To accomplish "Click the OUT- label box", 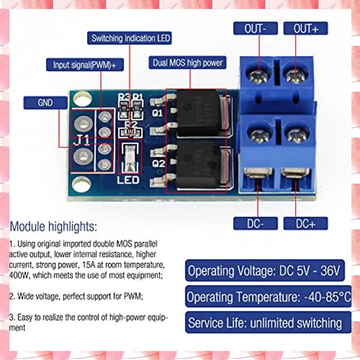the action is (255, 28).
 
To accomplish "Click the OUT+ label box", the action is (306, 28).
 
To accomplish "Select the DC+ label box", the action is (306, 223).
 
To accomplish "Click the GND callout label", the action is (45, 103).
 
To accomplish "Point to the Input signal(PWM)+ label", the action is (84, 64).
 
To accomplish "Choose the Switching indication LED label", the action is (130, 38).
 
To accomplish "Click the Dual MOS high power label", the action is (188, 63).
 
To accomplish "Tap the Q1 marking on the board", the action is (157, 113).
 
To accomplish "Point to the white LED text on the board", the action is (129, 180).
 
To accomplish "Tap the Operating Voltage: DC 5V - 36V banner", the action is (264, 271).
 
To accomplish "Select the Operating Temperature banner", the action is (268, 297).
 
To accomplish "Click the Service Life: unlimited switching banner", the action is (265, 322).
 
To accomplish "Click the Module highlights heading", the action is (53, 225).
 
